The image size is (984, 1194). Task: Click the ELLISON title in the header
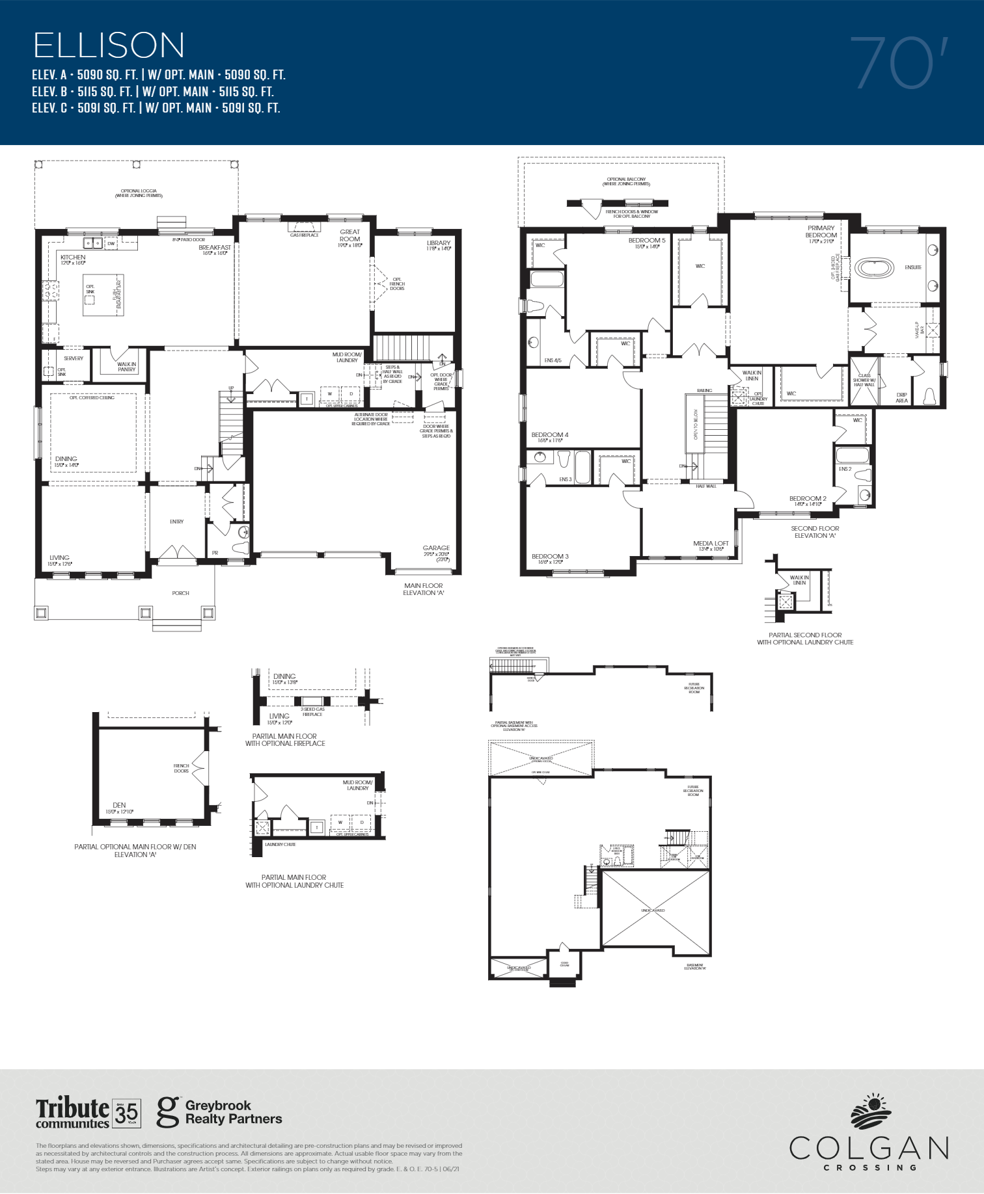pyautogui.click(x=109, y=46)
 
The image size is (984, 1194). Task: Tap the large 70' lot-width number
pyautogui.click(x=898, y=63)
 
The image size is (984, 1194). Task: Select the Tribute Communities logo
pyautogui.click(x=72, y=1113)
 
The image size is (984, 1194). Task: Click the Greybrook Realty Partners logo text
pyautogui.click(x=233, y=1112)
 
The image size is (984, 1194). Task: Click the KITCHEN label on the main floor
pyautogui.click(x=73, y=258)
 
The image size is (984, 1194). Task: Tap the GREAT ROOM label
pyautogui.click(x=349, y=235)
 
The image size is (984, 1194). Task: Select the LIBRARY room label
pyautogui.click(x=439, y=243)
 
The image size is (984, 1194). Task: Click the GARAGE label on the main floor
pyautogui.click(x=436, y=548)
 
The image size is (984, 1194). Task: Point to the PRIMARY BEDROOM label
pyautogui.click(x=821, y=232)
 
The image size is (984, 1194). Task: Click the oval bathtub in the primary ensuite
pyautogui.click(x=875, y=268)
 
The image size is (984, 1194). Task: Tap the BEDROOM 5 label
pyautogui.click(x=647, y=241)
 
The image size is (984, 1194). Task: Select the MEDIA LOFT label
pyautogui.click(x=711, y=544)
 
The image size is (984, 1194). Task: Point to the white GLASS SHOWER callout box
pyautogui.click(x=864, y=380)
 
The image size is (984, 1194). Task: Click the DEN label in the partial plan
pyautogui.click(x=119, y=805)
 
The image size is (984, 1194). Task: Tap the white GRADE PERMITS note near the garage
pyautogui.click(x=436, y=431)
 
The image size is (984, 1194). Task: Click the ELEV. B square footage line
pyautogui.click(x=153, y=92)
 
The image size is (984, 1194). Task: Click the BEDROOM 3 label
pyautogui.click(x=550, y=557)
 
